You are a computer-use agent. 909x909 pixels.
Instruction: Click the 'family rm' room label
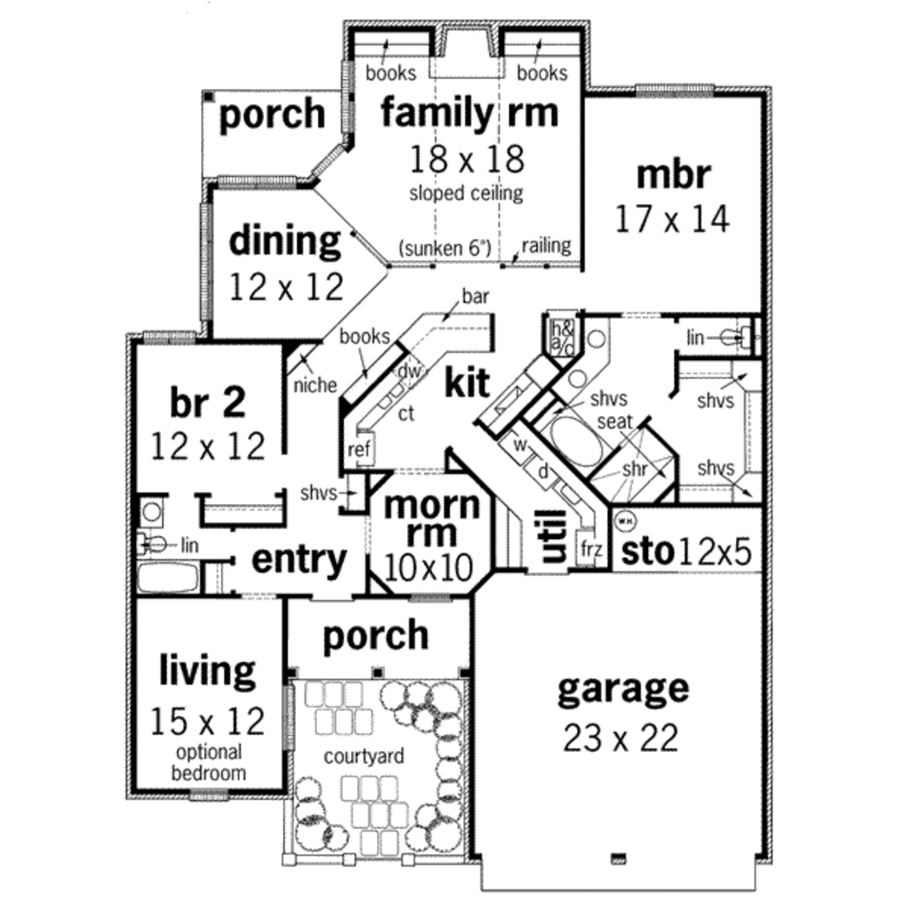click(470, 114)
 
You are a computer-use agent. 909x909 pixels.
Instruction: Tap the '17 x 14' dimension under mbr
click(673, 218)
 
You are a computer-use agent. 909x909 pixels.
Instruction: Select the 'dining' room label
click(284, 241)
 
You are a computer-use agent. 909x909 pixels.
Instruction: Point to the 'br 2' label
click(207, 402)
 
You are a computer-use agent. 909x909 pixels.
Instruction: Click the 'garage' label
click(622, 689)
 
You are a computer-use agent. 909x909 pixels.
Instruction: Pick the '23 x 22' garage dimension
click(620, 737)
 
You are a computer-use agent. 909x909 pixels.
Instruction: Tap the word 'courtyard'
click(364, 756)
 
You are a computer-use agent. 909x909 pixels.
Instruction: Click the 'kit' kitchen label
click(467, 383)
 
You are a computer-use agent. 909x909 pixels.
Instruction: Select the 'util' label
click(552, 535)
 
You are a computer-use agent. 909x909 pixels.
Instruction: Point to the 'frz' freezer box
click(591, 549)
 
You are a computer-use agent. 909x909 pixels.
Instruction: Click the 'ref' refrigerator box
click(359, 449)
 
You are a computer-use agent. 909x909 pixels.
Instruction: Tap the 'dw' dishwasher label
click(408, 371)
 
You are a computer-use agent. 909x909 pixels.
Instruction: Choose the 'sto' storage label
click(647, 551)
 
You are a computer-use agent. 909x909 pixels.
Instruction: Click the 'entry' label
click(299, 560)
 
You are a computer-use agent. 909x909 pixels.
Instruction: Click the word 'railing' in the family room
click(546, 246)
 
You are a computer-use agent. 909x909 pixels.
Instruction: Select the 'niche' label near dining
click(314, 384)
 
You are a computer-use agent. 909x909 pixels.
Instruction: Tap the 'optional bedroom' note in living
click(209, 763)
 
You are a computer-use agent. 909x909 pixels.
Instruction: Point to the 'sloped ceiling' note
click(466, 193)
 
